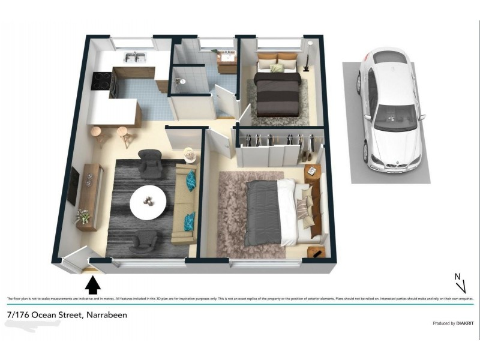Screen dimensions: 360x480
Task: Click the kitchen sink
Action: [x=136, y=58]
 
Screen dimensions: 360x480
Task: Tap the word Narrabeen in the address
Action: [x=107, y=315]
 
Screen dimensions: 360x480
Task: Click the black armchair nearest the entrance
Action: [x=143, y=241]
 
